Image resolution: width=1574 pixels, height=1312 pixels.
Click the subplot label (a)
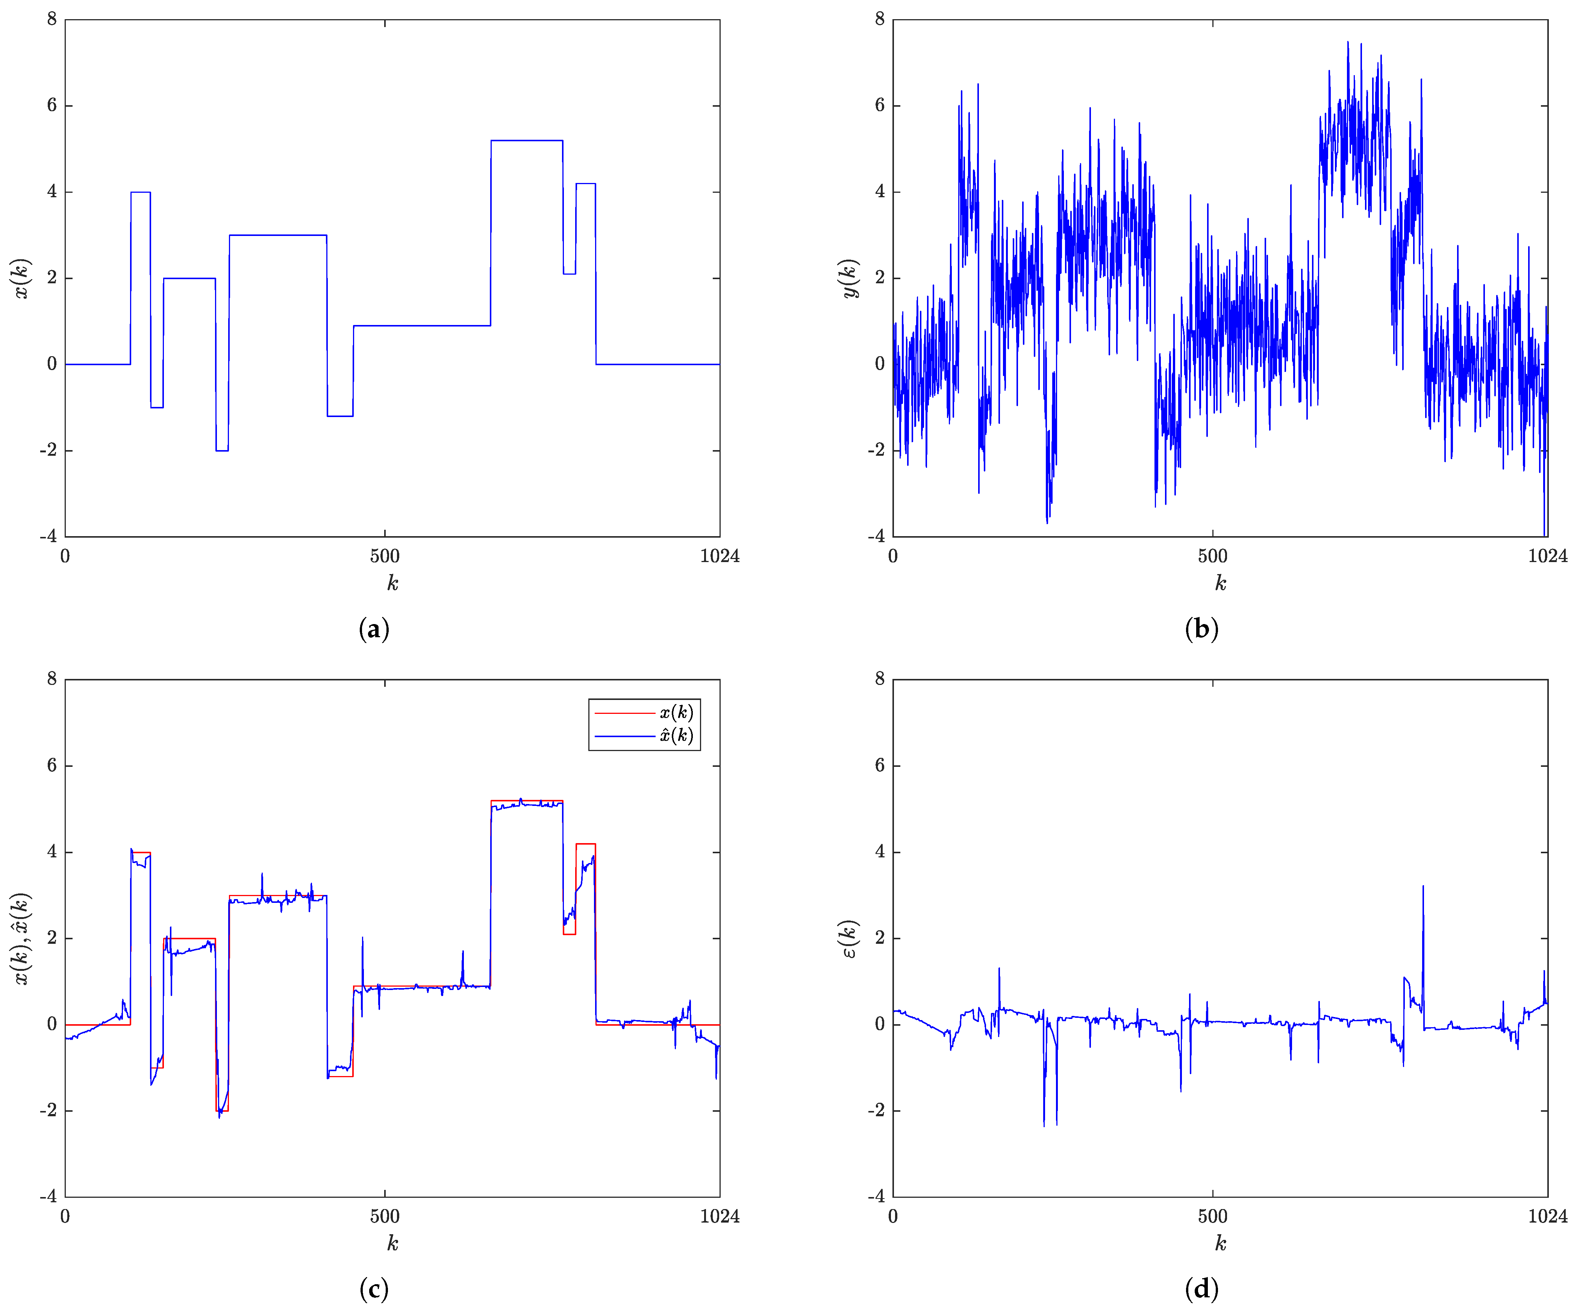click(374, 629)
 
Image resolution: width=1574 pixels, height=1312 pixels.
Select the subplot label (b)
click(1201, 629)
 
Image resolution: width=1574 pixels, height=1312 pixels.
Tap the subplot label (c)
click(374, 1289)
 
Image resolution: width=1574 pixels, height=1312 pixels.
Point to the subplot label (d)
click(1201, 1289)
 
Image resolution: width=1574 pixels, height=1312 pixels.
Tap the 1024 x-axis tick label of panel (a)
click(720, 556)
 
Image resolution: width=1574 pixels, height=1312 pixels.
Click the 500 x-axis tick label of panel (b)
click(1213, 556)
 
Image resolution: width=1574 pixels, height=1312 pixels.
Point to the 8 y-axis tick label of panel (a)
click(52, 20)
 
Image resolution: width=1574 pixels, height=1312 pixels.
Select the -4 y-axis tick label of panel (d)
click(876, 1197)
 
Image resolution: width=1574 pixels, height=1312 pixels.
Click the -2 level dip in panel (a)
click(222, 450)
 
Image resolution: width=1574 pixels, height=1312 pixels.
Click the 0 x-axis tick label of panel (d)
click(893, 1216)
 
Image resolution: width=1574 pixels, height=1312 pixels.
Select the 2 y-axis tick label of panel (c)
click(52, 938)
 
